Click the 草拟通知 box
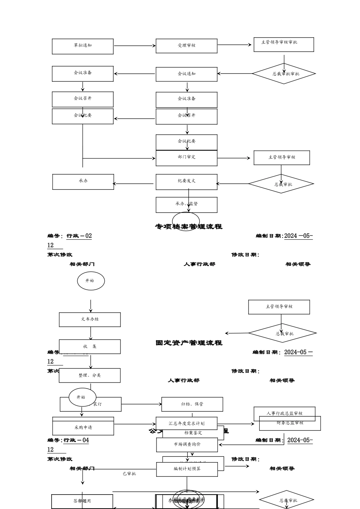pos(83,46)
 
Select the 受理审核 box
pos(186,46)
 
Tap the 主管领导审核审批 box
pos(283,44)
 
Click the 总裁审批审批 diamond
pos(284,74)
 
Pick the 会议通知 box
pos(186,74)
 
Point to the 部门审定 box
pos(186,158)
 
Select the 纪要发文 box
pos(186,181)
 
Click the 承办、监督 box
pos(186,205)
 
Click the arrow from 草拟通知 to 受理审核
pos(135,46)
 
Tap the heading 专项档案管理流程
pos(189,227)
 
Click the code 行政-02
pos(79,236)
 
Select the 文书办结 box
pos(90,320)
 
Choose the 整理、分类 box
pos(90,375)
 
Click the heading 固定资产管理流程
pos(189,343)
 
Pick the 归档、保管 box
pos(192,404)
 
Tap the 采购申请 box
pos(83,428)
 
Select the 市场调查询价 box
pos(187,445)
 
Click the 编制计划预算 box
pos(187,469)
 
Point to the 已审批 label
pos(129,474)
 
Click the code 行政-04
pos(76,440)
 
